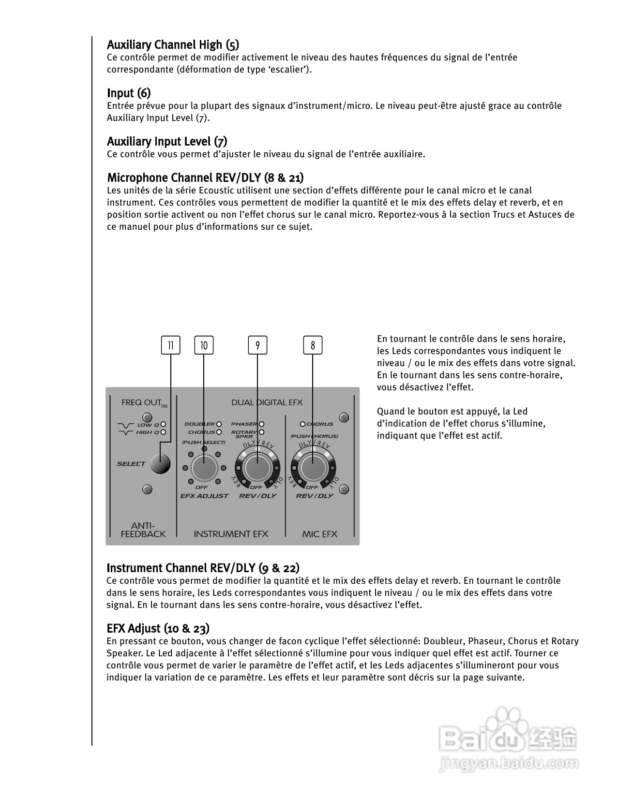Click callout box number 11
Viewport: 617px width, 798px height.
click(x=170, y=345)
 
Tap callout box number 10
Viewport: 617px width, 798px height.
click(x=204, y=345)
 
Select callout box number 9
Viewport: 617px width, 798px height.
click(x=257, y=345)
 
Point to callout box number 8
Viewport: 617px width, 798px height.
click(x=313, y=345)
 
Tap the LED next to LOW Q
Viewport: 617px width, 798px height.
click(x=163, y=425)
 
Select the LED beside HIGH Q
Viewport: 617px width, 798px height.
click(x=163, y=432)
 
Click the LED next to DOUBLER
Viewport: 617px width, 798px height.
click(x=219, y=424)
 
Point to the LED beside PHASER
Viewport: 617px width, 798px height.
click(x=262, y=424)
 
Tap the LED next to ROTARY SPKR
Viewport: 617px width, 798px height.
click(x=262, y=432)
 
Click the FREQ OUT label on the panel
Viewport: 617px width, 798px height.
click(x=141, y=402)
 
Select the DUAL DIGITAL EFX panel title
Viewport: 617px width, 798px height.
click(x=267, y=402)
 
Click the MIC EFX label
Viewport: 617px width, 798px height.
click(x=319, y=534)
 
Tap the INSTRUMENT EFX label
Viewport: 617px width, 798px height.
click(x=231, y=534)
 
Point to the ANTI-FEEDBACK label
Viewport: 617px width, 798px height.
click(x=143, y=530)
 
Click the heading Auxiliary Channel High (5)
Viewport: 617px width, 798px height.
click(x=173, y=45)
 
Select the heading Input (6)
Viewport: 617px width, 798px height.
click(x=129, y=93)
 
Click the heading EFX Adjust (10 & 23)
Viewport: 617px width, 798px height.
click(x=158, y=628)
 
